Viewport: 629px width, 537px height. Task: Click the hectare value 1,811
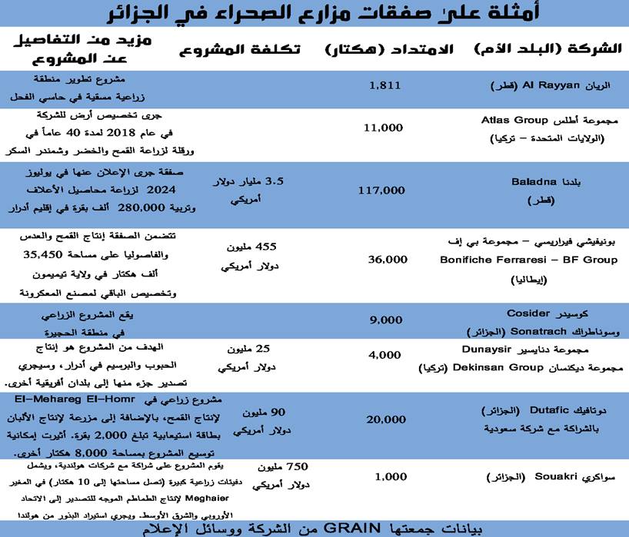pos(385,85)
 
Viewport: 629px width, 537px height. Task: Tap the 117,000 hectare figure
pos(381,190)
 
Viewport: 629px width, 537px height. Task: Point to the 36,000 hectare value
pos(388,260)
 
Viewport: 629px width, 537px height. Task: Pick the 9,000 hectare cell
pos(385,320)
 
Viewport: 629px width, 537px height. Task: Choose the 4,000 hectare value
pos(385,355)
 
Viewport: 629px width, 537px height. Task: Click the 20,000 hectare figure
pos(385,419)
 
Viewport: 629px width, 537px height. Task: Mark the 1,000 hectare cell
pos(391,477)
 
